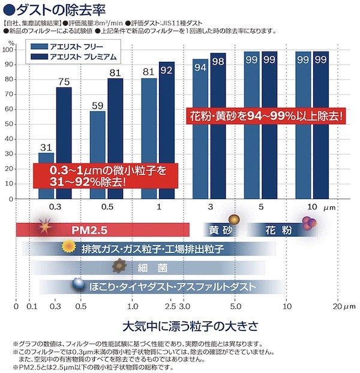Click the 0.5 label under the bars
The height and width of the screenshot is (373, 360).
click(107, 207)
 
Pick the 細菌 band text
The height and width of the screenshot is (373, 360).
click(146, 267)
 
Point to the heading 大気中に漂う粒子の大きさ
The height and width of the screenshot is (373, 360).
click(190, 327)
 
